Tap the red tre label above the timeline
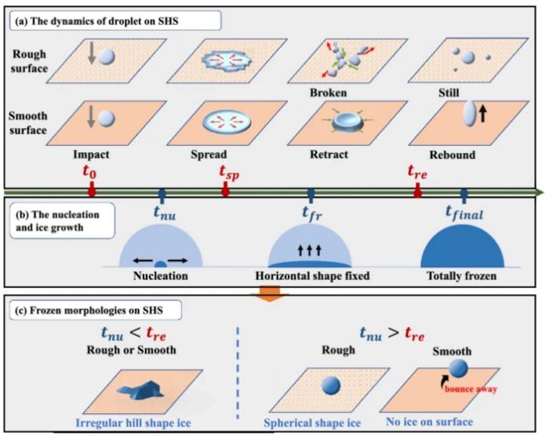pos(418,170)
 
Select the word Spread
pos(209,154)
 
